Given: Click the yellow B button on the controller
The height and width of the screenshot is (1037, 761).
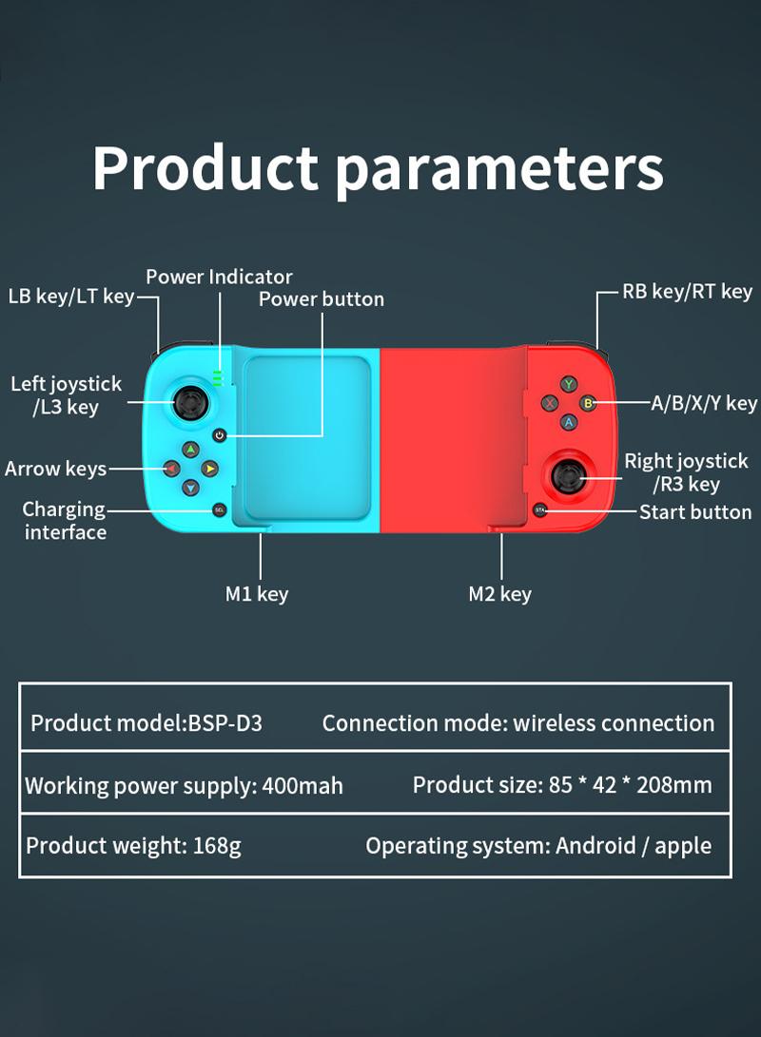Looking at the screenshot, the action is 588,403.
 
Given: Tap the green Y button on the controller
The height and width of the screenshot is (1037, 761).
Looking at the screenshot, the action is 569,384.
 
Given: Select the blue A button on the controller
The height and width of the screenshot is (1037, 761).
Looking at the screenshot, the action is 569,422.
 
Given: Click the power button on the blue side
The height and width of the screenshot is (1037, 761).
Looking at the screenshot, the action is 220,435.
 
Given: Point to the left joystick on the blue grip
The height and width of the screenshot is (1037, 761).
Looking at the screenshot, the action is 190,402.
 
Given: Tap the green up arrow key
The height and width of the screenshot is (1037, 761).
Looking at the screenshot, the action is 190,450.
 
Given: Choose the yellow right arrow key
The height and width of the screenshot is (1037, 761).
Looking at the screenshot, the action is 210,469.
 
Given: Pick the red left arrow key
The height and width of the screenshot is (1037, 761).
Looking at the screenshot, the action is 171,469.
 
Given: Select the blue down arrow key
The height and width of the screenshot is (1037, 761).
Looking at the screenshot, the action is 190,488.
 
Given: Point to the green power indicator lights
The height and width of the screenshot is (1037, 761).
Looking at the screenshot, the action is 217,378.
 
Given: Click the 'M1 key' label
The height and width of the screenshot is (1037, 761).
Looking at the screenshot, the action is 257,594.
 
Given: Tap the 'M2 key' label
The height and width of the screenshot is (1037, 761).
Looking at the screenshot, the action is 499,594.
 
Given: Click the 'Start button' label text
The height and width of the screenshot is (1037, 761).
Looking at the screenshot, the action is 695,512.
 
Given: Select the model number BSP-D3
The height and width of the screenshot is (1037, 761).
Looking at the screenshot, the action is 225,722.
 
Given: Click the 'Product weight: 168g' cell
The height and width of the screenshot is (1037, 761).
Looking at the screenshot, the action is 134,846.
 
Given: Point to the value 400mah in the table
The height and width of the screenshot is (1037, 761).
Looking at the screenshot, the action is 302,786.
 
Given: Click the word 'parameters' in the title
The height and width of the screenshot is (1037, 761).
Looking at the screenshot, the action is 499,168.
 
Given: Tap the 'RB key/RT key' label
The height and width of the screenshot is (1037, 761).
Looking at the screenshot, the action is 688,292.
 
